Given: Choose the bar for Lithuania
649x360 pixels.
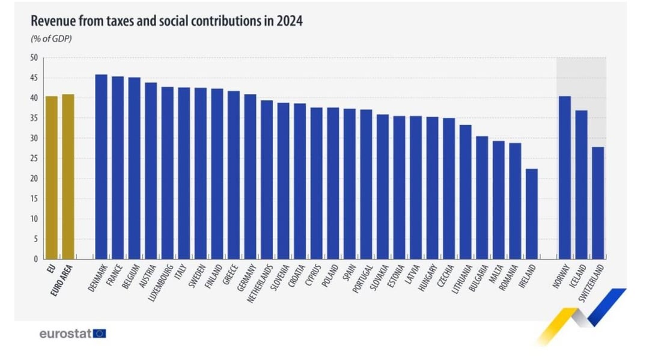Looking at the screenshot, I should pos(465,192).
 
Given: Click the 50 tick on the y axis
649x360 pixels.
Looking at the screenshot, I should pos(34,58).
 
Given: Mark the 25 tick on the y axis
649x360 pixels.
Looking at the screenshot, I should pos(34,159).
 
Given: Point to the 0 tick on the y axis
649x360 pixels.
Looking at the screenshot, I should pos(36,259).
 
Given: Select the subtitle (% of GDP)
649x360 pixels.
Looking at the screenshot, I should pos(51,39).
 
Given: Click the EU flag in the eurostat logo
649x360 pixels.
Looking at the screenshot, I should pos(100,334).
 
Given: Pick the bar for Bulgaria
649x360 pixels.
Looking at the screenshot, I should pos(482,198).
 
